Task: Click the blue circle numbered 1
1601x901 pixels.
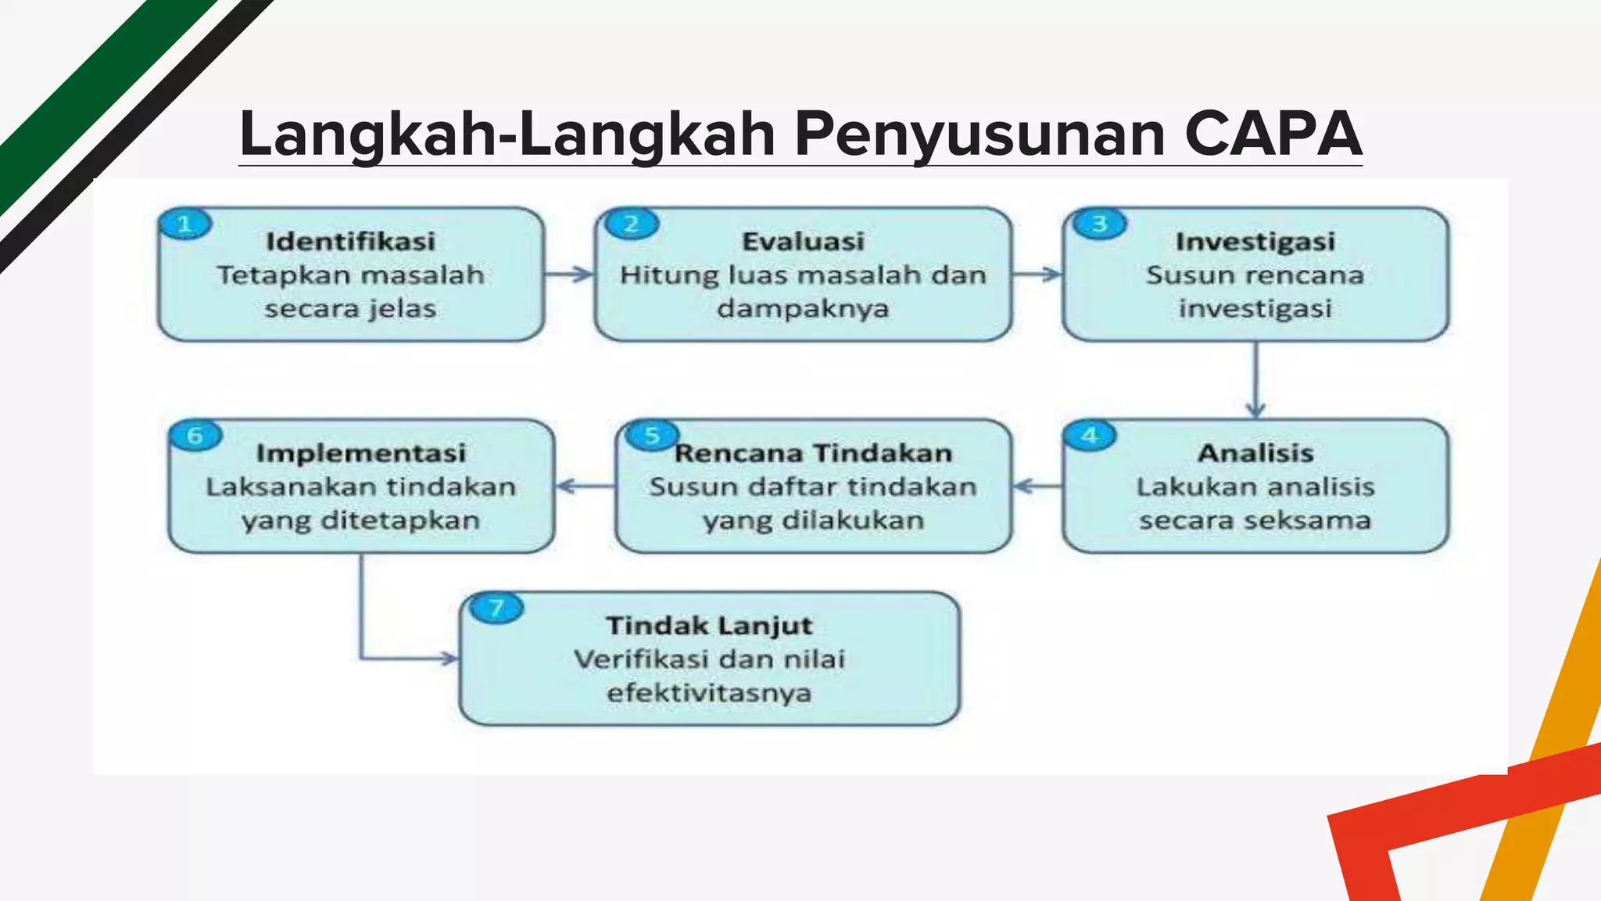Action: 185,225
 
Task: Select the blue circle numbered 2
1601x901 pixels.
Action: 632,224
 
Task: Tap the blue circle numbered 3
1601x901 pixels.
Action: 1100,224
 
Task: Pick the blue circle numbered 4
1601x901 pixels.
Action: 1090,436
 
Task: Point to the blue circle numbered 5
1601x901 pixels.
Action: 651,436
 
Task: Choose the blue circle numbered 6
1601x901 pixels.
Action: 195,436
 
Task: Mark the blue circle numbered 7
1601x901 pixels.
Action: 496,608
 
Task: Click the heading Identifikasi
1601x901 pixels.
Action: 350,242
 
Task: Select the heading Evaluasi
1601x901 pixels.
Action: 803,242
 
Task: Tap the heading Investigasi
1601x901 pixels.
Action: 1255,242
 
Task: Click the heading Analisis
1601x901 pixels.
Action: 1255,453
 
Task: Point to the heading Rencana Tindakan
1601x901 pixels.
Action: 813,453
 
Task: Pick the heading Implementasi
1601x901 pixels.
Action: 361,453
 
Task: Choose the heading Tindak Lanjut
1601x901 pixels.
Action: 709,626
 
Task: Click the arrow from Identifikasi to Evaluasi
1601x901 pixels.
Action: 569,275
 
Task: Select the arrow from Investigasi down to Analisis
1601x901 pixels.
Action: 1255,380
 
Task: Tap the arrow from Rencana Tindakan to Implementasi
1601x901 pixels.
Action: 586,486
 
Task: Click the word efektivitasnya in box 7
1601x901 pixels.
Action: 709,693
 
